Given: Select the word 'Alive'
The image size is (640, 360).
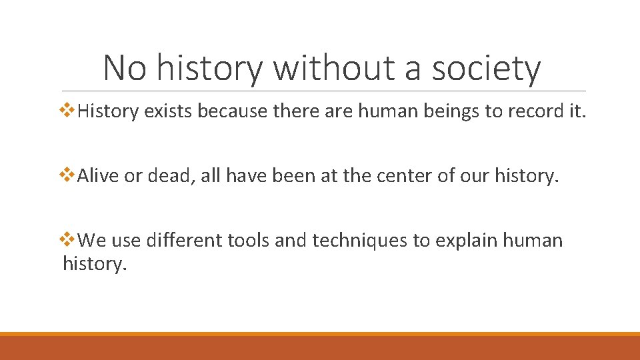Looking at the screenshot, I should pos(99,176).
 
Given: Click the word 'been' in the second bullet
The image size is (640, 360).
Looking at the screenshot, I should pos(289,176).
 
